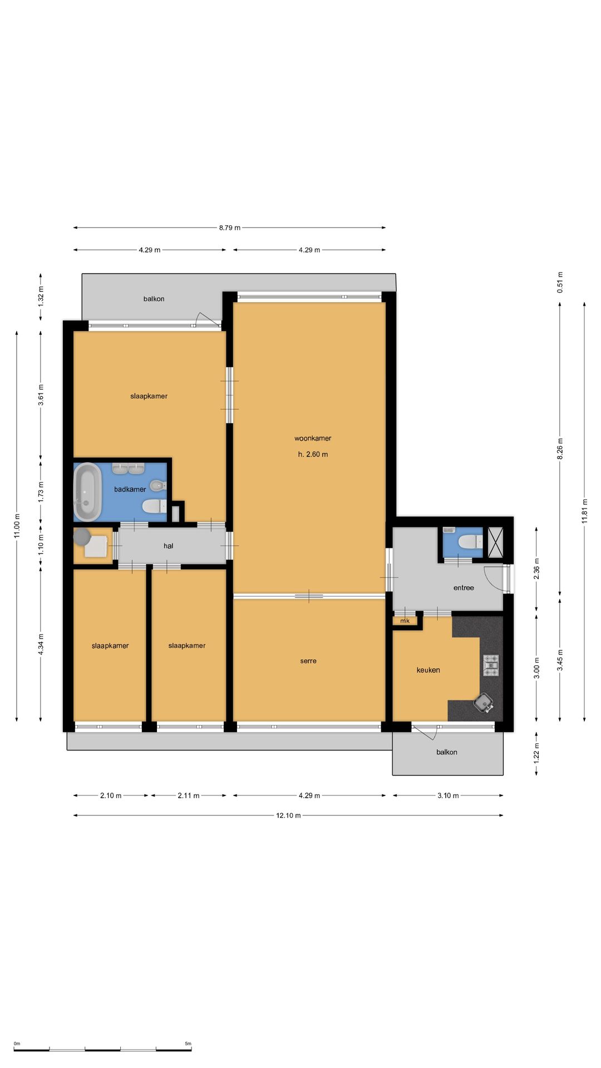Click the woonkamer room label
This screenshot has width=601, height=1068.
[x=313, y=438]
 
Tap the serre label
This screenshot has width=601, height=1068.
[x=308, y=661]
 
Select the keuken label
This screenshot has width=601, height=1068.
[x=428, y=670]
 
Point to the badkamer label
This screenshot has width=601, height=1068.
[x=130, y=489]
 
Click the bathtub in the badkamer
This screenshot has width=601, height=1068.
[x=88, y=492]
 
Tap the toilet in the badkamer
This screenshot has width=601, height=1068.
[x=154, y=506]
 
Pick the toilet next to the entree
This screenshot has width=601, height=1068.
[x=470, y=541]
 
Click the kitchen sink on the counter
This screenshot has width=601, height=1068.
[x=484, y=703]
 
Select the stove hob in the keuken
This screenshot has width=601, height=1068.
[x=491, y=665]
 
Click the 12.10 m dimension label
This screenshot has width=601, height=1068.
[x=288, y=815]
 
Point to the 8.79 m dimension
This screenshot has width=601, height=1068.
[x=230, y=228]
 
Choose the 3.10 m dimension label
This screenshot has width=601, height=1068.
[x=448, y=795]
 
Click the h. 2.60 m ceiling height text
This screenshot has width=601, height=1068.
[x=313, y=454]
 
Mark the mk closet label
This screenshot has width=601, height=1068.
[x=405, y=621]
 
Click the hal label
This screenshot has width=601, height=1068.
[x=169, y=546]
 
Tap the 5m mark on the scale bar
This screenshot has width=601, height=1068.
[x=188, y=1044]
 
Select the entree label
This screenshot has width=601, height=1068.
[x=464, y=588]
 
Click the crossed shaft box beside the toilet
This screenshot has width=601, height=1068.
[x=495, y=542]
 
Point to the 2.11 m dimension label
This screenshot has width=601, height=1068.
[x=189, y=795]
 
